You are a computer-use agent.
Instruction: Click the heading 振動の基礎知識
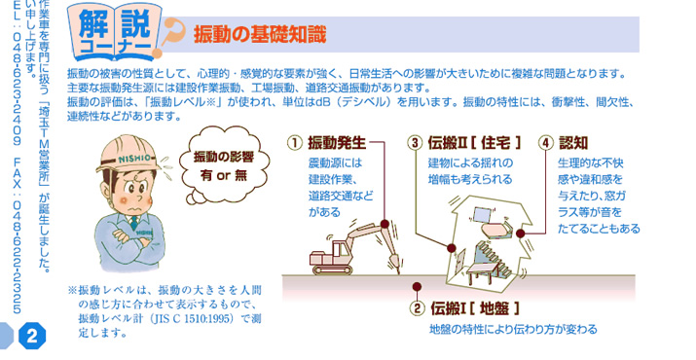click(x=260, y=35)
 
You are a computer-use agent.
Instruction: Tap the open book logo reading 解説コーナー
click(x=116, y=32)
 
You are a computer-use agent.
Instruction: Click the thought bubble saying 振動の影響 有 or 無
click(x=223, y=167)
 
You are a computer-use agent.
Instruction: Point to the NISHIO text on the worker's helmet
click(x=134, y=158)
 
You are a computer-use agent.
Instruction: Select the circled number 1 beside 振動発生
click(x=294, y=143)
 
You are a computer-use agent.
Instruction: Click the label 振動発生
click(x=337, y=143)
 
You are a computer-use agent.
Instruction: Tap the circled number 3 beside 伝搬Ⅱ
click(x=415, y=143)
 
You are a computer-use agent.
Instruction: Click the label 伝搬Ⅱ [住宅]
click(x=474, y=143)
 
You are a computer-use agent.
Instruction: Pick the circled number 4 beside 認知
click(x=546, y=143)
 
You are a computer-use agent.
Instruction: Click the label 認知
click(x=573, y=143)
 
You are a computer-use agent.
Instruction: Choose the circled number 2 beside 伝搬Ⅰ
click(x=418, y=308)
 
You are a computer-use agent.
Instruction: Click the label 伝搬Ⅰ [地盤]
click(x=475, y=308)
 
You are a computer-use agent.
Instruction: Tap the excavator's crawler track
click(x=333, y=269)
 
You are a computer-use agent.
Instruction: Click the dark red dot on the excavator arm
click(x=385, y=224)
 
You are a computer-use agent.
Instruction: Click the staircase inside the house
click(x=494, y=259)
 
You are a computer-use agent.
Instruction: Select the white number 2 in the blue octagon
click(x=32, y=336)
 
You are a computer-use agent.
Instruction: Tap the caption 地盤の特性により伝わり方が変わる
click(x=513, y=330)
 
